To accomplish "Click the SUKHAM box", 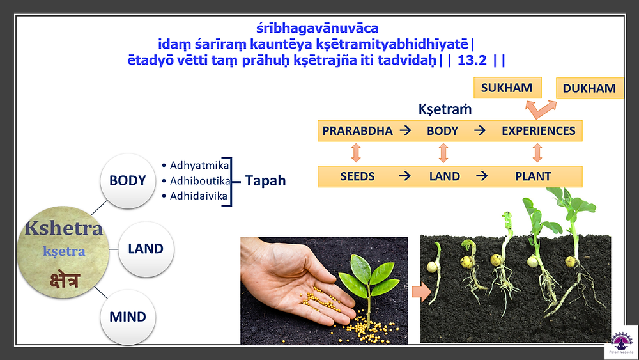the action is pos(507,88).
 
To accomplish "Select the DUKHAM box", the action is pos(590,88).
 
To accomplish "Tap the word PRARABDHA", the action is pos(357,131).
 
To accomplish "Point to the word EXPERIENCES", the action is pos(538,131).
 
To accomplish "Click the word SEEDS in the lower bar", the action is pos(357,176).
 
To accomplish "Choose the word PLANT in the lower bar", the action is pos(533,176).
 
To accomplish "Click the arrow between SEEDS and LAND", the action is pos(404,176).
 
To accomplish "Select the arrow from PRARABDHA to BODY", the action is pos(406,130).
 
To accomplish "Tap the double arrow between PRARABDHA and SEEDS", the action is pos(356,153).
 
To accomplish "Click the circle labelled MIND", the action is pos(128,317).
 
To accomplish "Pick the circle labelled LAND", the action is pos(146,249).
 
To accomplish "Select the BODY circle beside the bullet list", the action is pos(128,180).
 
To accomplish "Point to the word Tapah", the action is pos(265,180).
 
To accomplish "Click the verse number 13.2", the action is pos(472,60).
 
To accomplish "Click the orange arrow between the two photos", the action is pos(421,292).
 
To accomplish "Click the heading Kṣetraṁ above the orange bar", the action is pos(445,109).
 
